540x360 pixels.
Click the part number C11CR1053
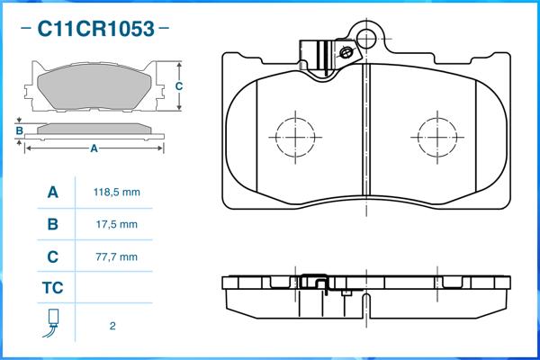click(95, 29)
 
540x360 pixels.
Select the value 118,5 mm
click(117, 193)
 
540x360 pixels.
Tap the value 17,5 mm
click(117, 225)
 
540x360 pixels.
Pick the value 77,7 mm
click(117, 257)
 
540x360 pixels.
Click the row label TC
click(53, 288)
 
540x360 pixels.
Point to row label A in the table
click(53, 193)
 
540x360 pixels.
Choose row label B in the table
click(53, 225)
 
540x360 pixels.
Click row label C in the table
click(53, 257)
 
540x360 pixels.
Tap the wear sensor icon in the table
click(51, 323)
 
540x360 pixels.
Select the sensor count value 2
click(112, 326)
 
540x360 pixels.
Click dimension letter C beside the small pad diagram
click(179, 86)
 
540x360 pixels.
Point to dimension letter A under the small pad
click(94, 148)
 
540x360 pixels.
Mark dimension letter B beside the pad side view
click(20, 130)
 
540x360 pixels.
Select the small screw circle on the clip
click(346, 53)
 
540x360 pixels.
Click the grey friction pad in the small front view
click(94, 86)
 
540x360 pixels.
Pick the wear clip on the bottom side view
click(314, 283)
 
